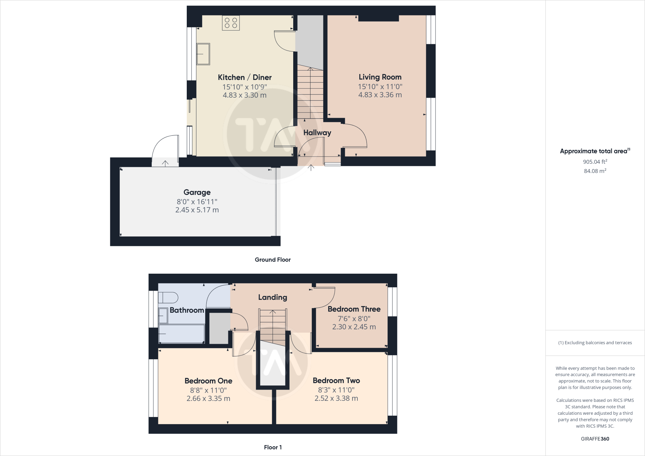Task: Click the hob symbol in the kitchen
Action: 231,23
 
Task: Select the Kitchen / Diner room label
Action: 244,77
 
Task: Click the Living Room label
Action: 380,77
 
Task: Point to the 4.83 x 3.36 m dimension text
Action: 380,95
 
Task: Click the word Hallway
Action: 317,133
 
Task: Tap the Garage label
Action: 197,192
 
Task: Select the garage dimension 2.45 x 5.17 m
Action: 197,210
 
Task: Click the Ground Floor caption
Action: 272,260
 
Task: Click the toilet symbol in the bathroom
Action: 168,297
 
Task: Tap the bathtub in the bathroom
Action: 181,334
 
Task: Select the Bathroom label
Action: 187,310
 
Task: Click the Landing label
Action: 272,297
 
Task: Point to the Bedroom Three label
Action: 354,309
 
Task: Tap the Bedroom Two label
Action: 336,381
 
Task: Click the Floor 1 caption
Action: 273,447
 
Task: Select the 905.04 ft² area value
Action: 595,162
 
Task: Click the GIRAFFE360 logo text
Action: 595,439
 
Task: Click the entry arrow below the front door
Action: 311,168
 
